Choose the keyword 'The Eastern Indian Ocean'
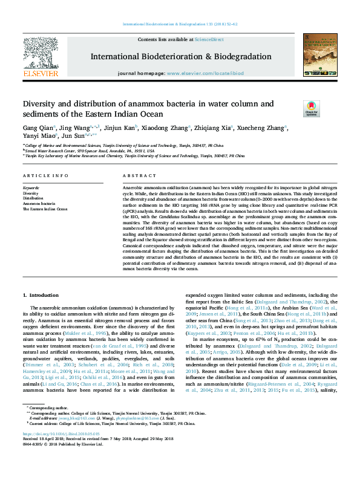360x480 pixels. point(45,209)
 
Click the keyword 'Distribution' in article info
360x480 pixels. point(33,198)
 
